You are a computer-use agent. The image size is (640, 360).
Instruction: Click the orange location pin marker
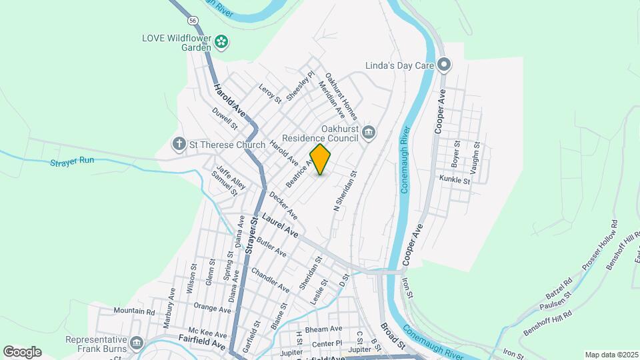pos(320,159)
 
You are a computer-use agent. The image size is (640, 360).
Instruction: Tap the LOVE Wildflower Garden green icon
pos(222,43)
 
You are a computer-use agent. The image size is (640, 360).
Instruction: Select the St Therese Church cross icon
pos(179,143)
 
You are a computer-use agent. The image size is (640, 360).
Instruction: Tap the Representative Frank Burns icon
pos(137,343)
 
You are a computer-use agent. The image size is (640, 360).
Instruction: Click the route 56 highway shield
pos(193,21)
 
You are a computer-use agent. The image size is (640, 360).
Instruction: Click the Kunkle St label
pos(455,179)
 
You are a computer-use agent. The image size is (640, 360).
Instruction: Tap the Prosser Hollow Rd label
pos(599,245)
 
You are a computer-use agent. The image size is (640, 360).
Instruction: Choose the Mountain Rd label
pos(134,311)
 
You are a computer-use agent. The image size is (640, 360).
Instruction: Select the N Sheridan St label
pos(346,191)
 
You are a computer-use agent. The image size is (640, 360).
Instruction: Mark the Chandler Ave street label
pos(270,280)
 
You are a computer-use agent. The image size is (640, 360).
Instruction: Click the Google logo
pos(22,352)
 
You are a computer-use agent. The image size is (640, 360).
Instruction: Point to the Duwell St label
pos(225,118)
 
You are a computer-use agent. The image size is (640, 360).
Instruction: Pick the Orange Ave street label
pos(212,308)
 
